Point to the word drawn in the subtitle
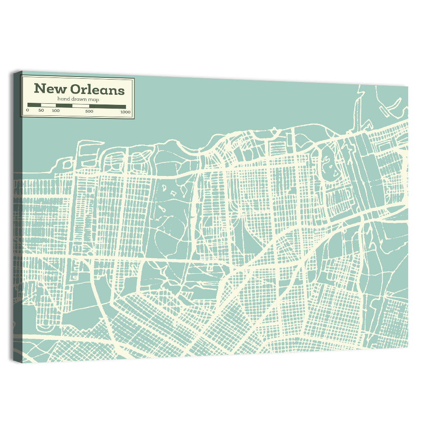(x=76, y=99)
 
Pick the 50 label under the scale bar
(x=41, y=111)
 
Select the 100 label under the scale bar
(x=55, y=111)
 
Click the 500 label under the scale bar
(x=89, y=111)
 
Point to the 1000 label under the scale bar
(x=125, y=112)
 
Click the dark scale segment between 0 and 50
(x=34, y=105)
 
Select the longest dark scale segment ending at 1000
(x=107, y=106)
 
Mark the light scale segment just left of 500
(x=81, y=106)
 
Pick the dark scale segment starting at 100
(x=64, y=105)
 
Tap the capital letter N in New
(x=39, y=89)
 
